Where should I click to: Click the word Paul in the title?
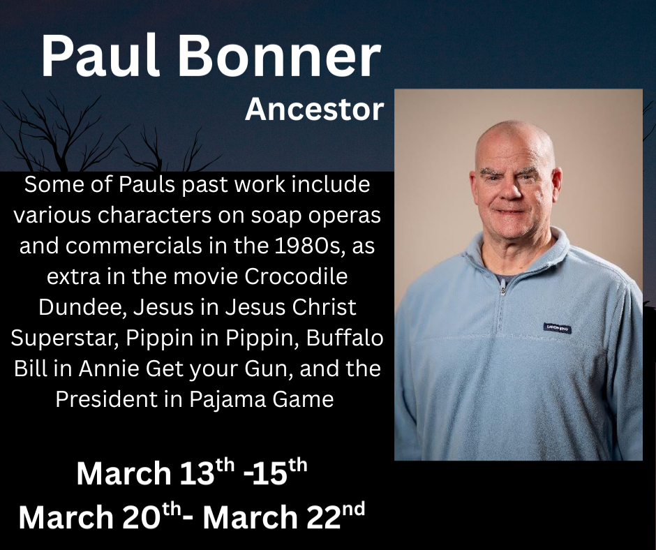(100, 56)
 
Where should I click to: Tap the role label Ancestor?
(314, 110)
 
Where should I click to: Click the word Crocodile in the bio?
(296, 276)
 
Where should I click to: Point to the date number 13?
(197, 473)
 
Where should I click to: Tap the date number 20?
(142, 516)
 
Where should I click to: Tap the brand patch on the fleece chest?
(558, 328)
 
